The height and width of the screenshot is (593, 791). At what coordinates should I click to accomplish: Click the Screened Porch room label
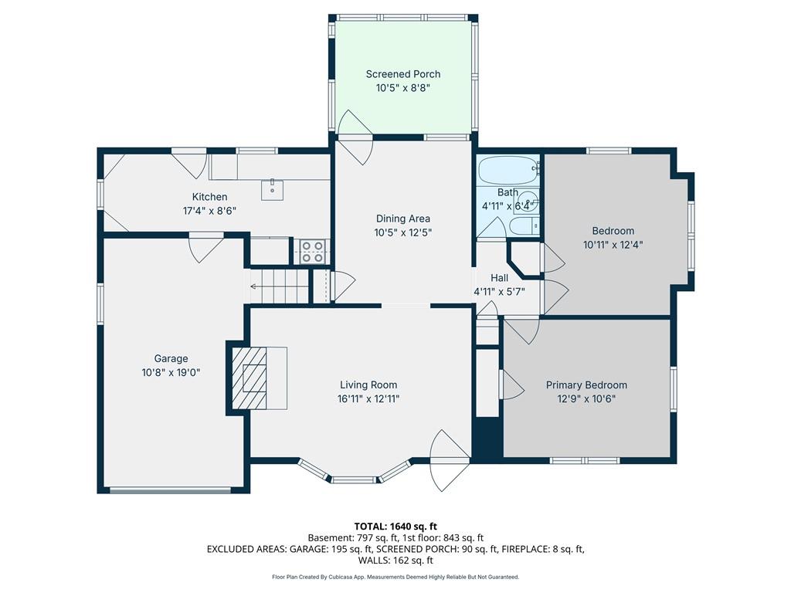(403, 74)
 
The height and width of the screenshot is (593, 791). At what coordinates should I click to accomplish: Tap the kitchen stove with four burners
(312, 252)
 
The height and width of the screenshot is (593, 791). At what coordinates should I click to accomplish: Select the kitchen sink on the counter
(273, 189)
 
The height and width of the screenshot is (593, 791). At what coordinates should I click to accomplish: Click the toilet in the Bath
(524, 226)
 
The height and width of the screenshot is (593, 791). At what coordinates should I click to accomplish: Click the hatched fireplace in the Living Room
(249, 378)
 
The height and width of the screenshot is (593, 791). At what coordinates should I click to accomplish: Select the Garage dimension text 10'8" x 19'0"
(171, 373)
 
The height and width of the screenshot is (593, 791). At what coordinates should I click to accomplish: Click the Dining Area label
(403, 219)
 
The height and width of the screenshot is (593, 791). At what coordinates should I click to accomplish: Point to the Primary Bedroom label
(587, 385)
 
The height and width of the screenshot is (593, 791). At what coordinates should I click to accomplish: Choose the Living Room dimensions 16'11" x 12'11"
(368, 399)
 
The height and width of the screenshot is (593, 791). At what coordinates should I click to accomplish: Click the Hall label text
(500, 277)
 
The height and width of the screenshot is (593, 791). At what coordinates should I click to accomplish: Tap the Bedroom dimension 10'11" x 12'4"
(613, 245)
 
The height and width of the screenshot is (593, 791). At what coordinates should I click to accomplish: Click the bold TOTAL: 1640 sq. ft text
(395, 527)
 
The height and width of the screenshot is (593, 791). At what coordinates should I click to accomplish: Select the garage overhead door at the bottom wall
(171, 490)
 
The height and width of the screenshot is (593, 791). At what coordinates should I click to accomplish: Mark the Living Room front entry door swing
(449, 460)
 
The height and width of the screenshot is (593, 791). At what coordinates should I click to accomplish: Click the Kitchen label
(210, 197)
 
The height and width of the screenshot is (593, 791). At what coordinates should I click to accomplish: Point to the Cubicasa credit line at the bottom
(395, 577)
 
